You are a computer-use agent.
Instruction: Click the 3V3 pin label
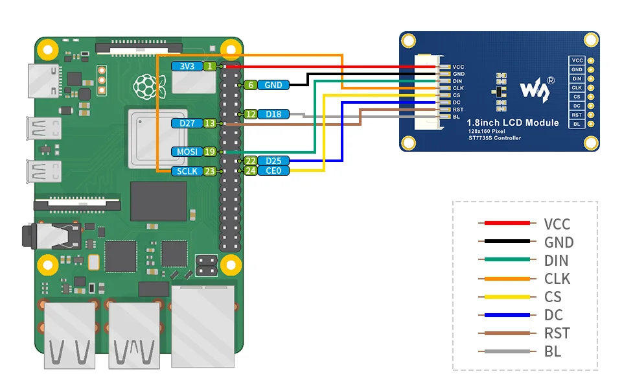[187, 66]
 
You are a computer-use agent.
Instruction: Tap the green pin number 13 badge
[210, 123]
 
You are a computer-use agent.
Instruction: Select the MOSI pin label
[187, 152]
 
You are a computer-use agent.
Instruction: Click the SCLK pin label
[187, 171]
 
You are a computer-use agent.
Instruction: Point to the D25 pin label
[273, 161]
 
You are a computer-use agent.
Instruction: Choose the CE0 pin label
[273, 171]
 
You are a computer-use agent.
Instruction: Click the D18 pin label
[273, 114]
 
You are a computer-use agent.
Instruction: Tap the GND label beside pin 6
[273, 85]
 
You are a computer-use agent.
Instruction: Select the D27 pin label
[187, 123]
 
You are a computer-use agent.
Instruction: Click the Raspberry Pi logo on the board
[149, 87]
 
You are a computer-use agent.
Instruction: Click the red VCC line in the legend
[507, 223]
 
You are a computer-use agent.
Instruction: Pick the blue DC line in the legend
[507, 315]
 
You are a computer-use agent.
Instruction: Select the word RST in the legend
[557, 333]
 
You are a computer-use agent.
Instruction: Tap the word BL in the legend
[553, 351]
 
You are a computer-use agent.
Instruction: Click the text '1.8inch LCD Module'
[513, 123]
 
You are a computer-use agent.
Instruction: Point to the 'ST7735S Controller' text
[494, 138]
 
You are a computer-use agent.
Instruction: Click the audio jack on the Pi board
[52, 237]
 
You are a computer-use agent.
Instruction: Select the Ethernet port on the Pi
[203, 327]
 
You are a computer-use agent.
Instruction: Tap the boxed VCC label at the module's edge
[577, 60]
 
